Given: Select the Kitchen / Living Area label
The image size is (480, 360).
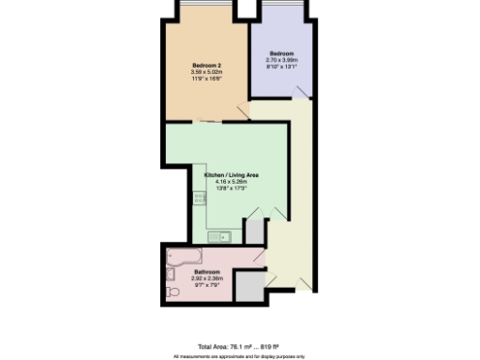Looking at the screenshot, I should coord(232,175).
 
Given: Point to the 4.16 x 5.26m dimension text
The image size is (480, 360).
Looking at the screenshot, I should coord(232,183).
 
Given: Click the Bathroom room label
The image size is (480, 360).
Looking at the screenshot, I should coord(206,272).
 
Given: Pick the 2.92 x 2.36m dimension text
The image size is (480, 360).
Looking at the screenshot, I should coord(206,278).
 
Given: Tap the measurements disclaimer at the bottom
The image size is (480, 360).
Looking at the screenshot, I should coord(239,355).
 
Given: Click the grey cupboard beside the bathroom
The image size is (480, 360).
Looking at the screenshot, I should coord(248,287).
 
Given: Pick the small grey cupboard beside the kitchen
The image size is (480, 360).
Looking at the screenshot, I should coord(254,232).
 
